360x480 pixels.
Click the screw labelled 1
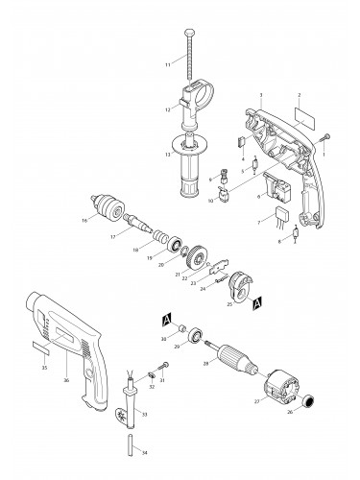coord(325,139)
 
